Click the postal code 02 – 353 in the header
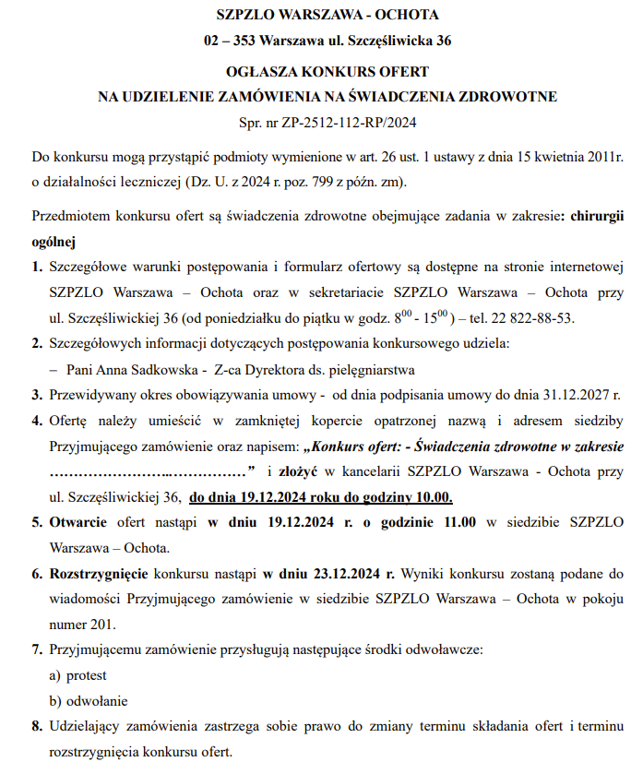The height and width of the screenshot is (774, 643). click(229, 41)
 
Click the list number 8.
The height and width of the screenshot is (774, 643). click(36, 725)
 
